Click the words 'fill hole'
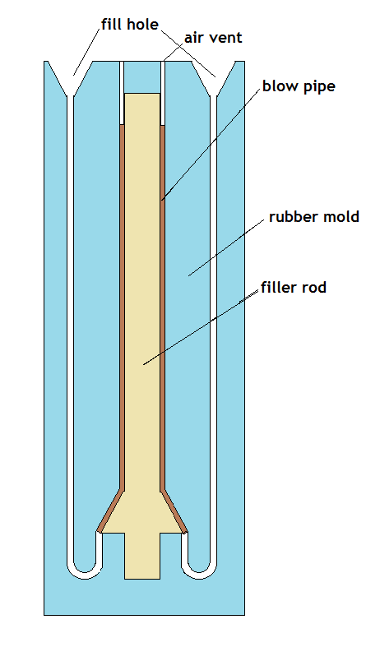(x=130, y=25)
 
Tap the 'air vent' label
(x=213, y=38)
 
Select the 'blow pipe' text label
(x=299, y=86)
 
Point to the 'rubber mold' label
(x=314, y=217)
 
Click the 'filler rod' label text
(x=294, y=287)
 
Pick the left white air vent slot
(x=122, y=93)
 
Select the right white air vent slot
(x=162, y=93)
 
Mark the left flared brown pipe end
(x=110, y=511)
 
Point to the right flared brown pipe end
(x=174, y=511)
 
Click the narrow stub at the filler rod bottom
(x=142, y=556)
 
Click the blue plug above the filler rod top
(x=142, y=77)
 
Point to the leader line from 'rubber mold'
(x=226, y=247)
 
